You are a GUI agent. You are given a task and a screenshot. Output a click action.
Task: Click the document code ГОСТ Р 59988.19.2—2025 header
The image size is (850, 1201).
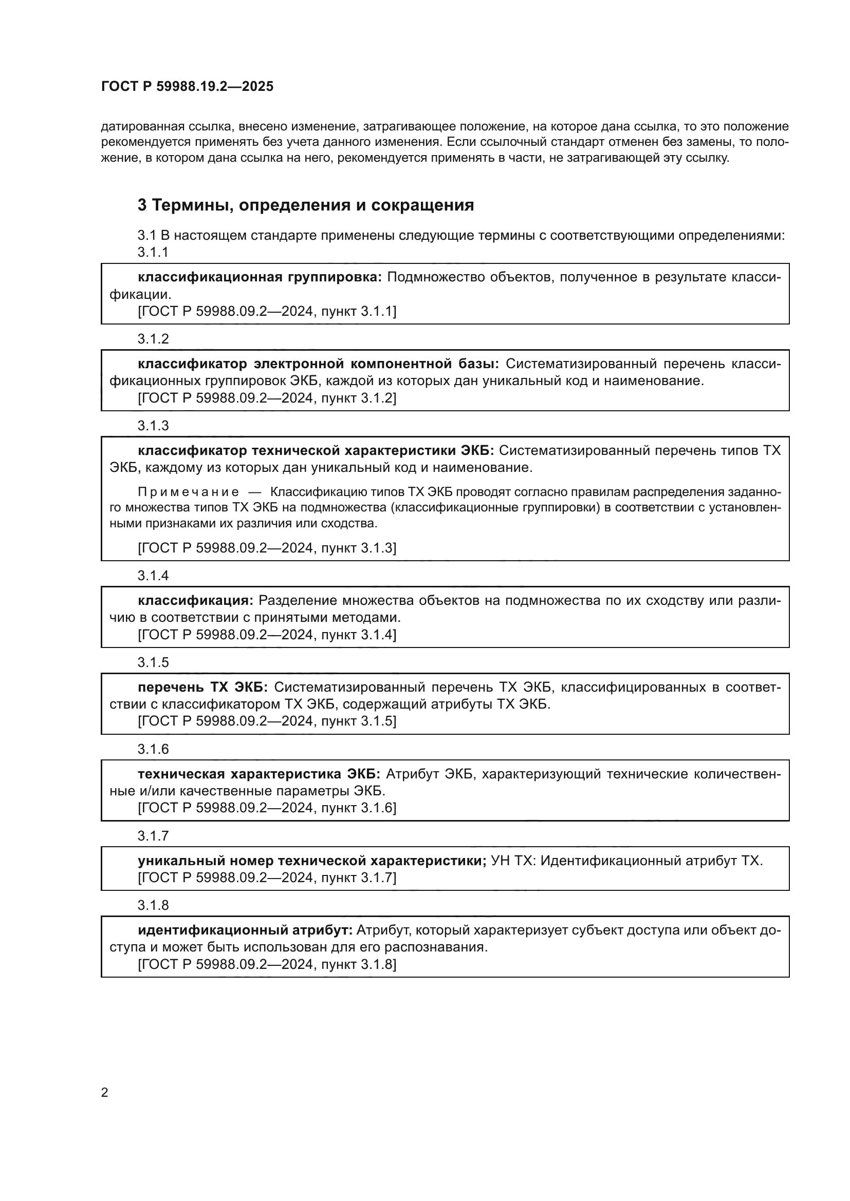(187, 86)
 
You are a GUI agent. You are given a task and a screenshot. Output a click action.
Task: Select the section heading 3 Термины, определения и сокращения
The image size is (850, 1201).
(306, 205)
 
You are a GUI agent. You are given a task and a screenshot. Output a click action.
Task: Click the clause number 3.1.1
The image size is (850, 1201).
(153, 252)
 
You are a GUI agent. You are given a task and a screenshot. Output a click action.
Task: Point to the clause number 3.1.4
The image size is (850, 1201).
(153, 576)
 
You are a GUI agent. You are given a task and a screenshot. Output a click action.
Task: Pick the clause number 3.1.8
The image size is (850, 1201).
(153, 905)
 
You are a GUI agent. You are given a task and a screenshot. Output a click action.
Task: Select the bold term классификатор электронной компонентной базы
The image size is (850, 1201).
(318, 364)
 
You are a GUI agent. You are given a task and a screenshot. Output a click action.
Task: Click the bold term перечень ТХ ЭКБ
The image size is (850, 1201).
(202, 687)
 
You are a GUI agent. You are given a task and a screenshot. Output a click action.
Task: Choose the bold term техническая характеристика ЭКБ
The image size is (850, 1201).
(259, 774)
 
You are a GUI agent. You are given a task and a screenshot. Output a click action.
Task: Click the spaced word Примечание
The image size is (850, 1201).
(189, 492)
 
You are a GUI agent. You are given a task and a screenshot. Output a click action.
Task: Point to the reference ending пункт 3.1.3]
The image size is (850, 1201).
(267, 548)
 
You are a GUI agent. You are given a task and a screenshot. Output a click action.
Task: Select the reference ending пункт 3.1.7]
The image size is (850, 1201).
(267, 877)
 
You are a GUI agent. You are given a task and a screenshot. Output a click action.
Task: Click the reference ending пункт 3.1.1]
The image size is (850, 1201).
(267, 311)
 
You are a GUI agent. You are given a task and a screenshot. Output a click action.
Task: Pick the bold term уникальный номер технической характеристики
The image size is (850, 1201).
(312, 861)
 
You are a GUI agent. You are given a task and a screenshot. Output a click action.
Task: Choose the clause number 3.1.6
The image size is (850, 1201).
(153, 749)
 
